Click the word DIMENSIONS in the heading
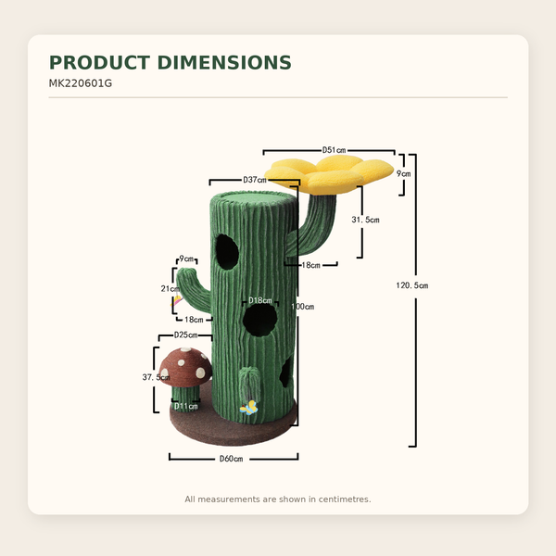[224, 63]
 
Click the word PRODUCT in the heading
[100, 63]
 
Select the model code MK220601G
[80, 83]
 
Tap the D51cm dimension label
[334, 150]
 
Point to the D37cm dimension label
[255, 180]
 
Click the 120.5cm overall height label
[412, 285]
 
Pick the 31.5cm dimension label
[366, 220]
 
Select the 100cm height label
[303, 307]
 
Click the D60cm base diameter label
[231, 459]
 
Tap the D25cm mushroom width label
[186, 335]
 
